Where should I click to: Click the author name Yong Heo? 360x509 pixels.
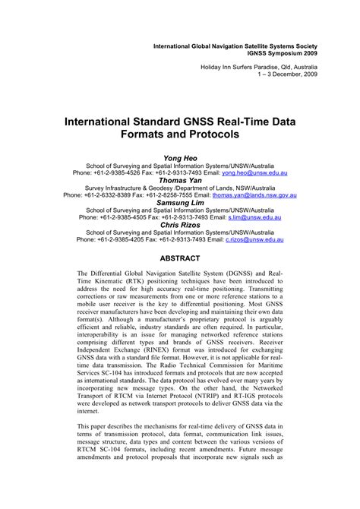[x=180, y=156]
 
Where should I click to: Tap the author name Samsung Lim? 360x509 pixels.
[x=180, y=204]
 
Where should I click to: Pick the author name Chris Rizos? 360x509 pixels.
[x=180, y=226]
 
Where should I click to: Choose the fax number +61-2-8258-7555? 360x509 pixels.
[x=169, y=195]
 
